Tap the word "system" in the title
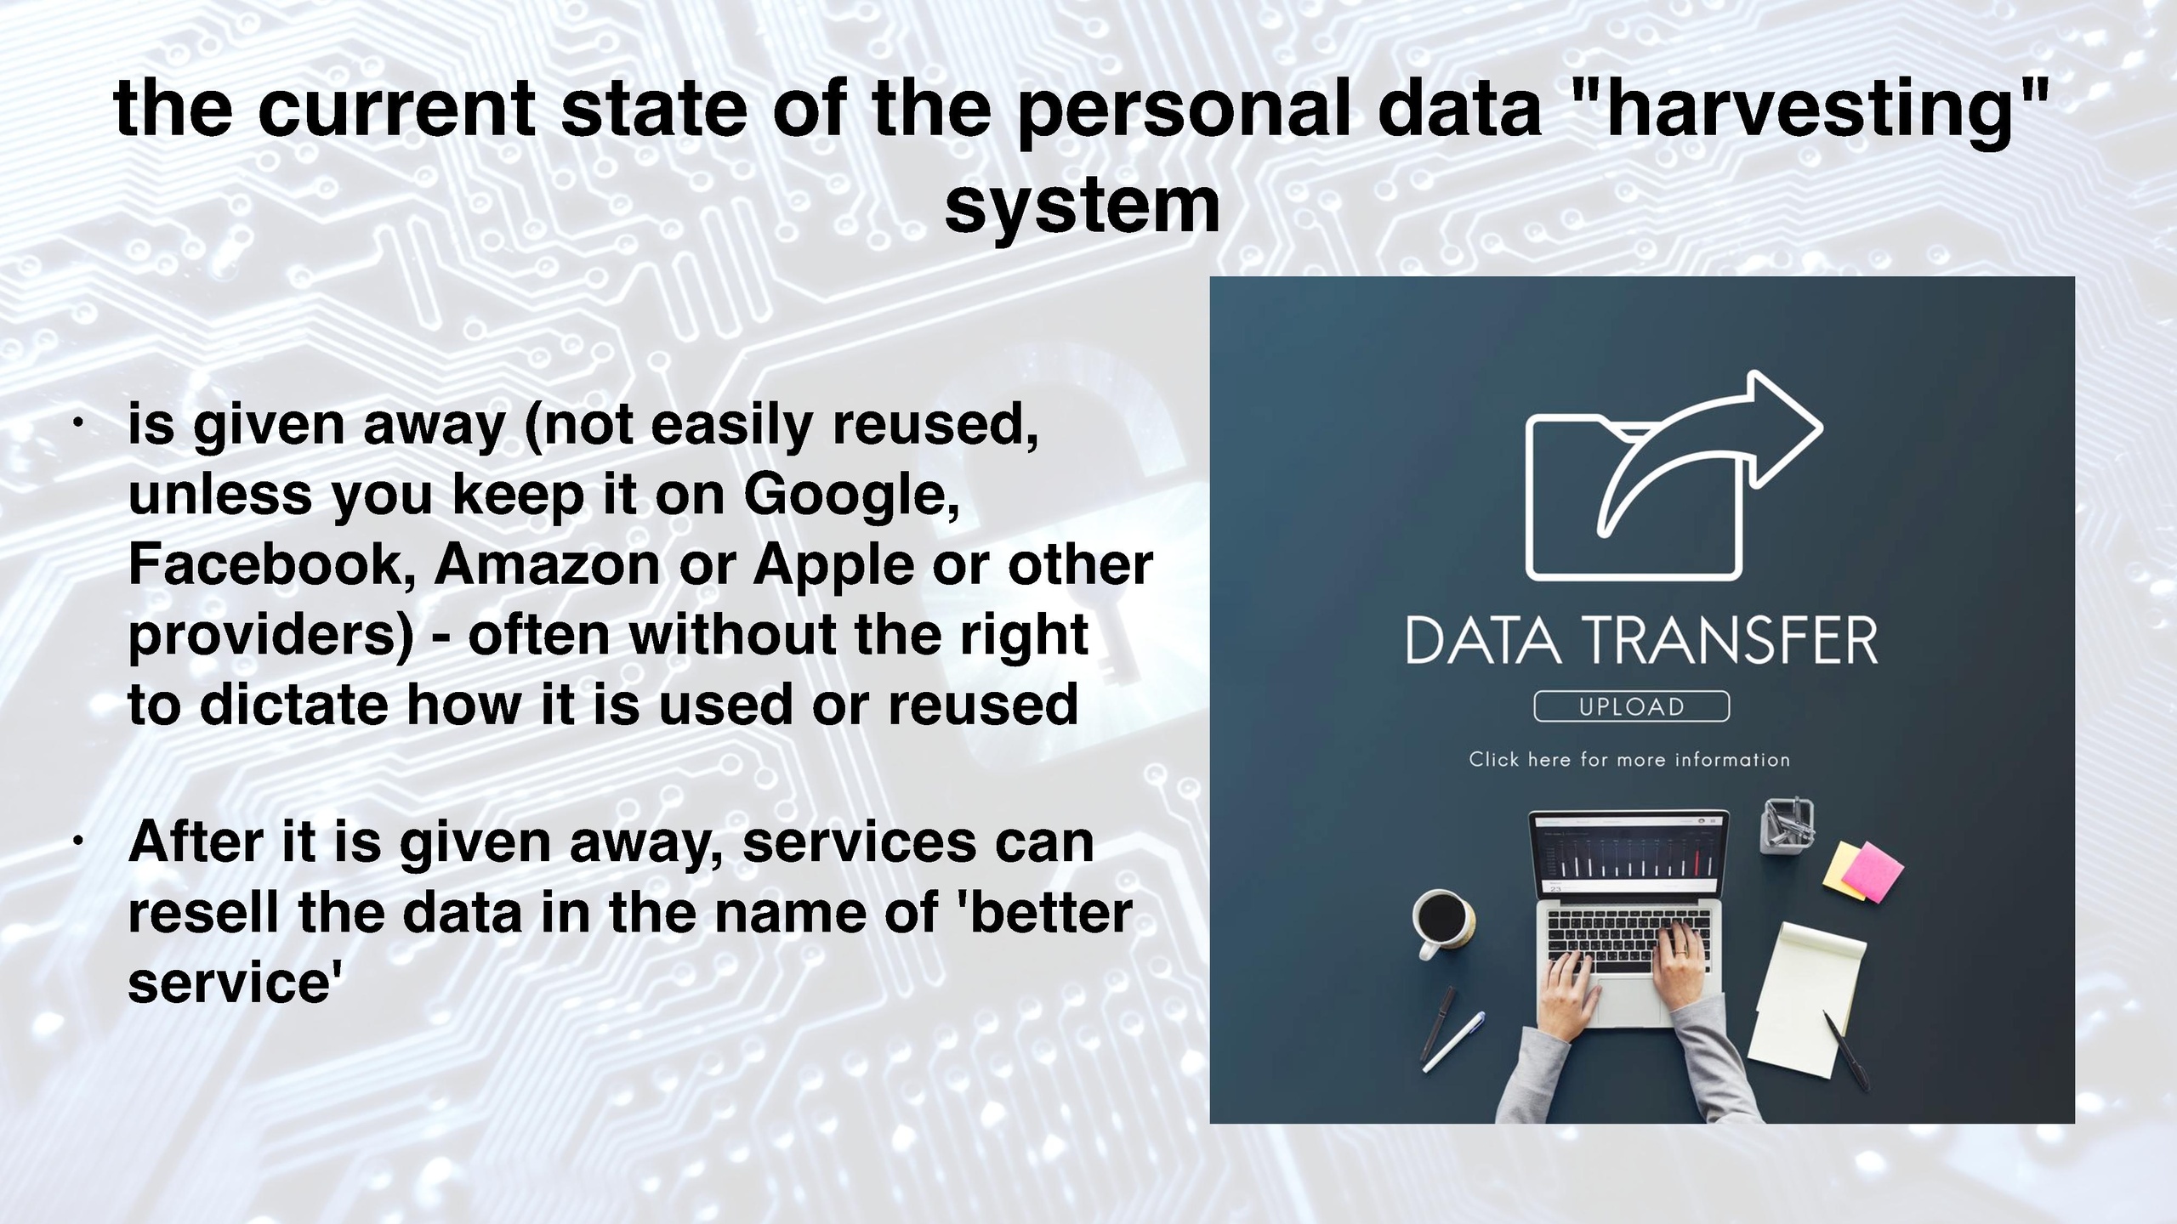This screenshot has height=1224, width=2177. point(1083,207)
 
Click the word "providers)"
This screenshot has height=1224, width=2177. point(271,637)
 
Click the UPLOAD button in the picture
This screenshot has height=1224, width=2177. point(1631,706)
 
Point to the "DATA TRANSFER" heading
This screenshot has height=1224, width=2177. point(1641,641)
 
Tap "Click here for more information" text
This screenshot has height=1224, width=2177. point(1629,759)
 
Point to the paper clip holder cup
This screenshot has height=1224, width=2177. point(1788,825)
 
